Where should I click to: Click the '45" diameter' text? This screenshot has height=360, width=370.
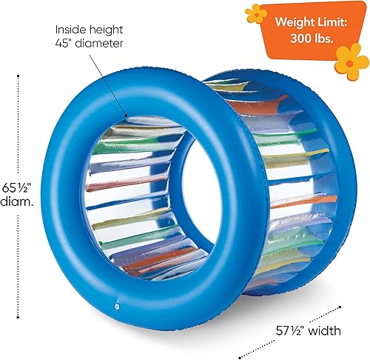90,44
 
